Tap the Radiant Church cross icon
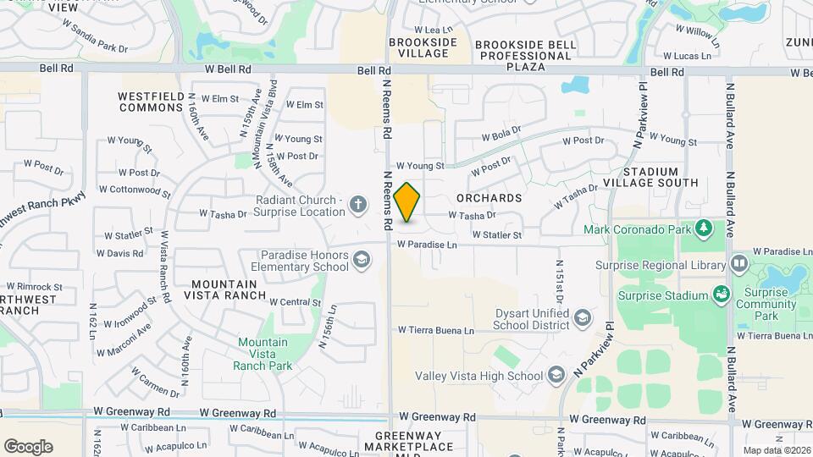point(358,204)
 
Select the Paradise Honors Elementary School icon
point(362,259)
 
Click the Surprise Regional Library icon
point(739,264)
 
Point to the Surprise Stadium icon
point(722,295)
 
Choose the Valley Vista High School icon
point(556,374)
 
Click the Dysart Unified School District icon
point(583,317)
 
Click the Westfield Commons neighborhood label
point(152,102)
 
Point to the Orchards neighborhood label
point(489,198)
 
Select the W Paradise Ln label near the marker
point(427,245)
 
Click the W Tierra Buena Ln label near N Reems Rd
point(436,329)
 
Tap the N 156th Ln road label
point(324,328)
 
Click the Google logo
point(28,446)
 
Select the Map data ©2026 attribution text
point(776,450)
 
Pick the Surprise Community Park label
point(766,304)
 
